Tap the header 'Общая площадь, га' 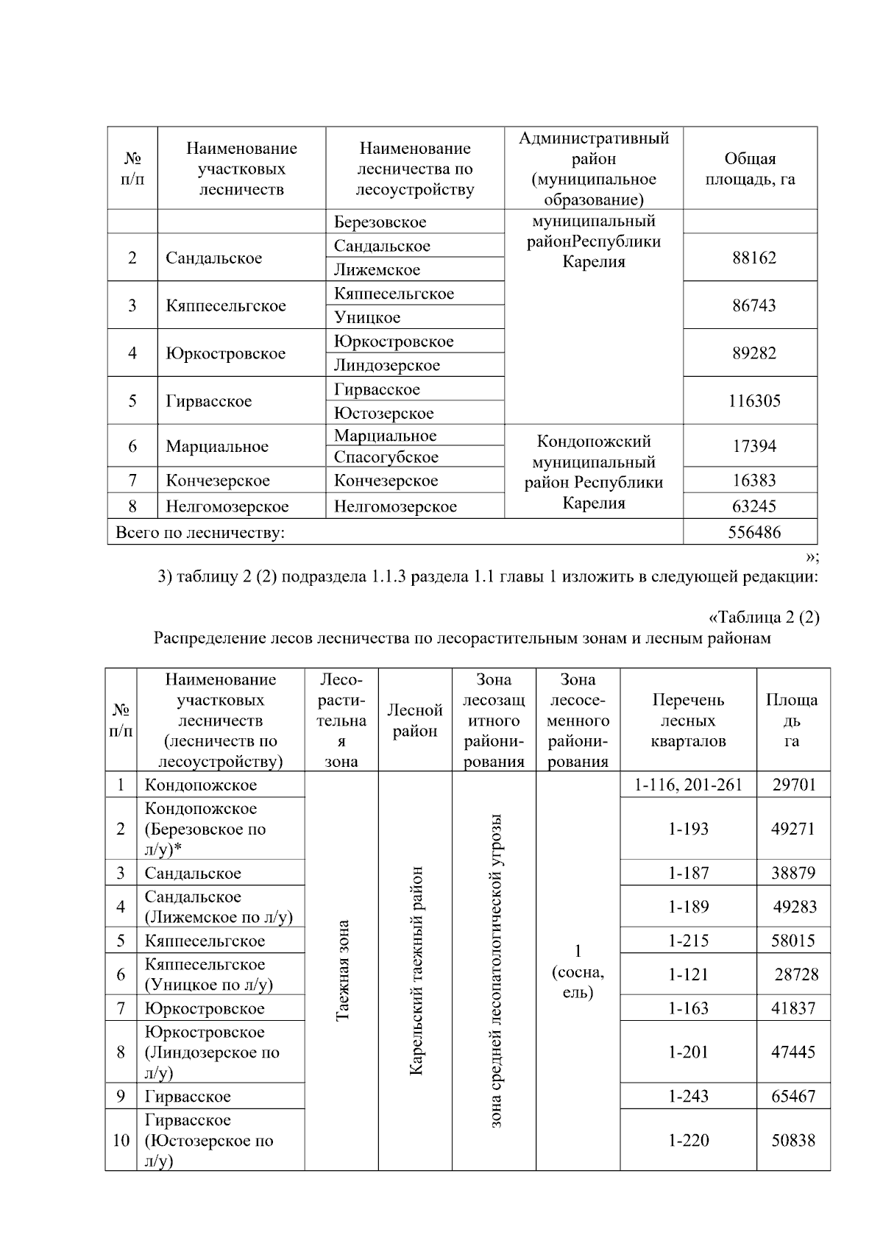[750, 169]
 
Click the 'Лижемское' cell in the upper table [377, 269]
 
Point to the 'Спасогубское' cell [386, 457]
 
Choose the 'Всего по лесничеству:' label [200, 532]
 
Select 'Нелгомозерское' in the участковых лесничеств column [227, 506]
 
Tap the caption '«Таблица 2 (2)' [763, 617]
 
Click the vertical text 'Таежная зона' [342, 970]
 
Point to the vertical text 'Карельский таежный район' [416, 970]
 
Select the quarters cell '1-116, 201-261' [688, 785]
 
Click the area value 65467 [793, 1096]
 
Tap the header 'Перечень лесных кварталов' [688, 721]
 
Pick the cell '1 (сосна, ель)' [578, 972]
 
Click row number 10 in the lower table [121, 1140]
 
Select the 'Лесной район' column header [415, 721]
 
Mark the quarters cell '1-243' [688, 1096]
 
